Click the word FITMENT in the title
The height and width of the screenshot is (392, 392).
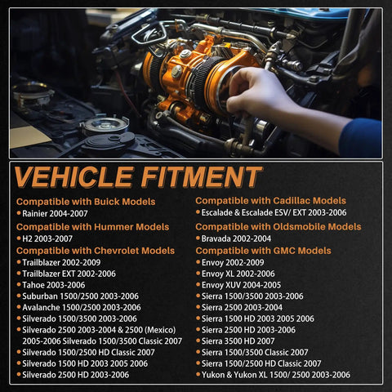pos(201,177)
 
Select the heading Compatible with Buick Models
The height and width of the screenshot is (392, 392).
pos(86,202)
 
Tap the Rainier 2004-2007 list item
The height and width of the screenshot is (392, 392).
pos(55,213)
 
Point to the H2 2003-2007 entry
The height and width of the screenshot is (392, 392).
pos(47,238)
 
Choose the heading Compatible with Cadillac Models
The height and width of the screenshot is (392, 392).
pos(270,201)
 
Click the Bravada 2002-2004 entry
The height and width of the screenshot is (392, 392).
pos(236,238)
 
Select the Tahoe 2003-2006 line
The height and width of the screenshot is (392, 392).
pos(54,285)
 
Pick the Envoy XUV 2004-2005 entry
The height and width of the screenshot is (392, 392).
pos(241,285)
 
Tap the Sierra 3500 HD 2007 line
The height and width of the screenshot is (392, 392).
pos(238,341)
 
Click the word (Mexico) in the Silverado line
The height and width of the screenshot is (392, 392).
pos(160,330)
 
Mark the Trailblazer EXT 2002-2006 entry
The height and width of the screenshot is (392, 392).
pos(69,274)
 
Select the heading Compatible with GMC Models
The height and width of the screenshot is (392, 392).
pos(263,251)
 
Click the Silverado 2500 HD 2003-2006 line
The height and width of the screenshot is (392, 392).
pos(76,375)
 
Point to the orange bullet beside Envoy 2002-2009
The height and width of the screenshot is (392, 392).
pos(198,262)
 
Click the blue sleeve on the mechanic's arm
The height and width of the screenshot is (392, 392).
pos(361,137)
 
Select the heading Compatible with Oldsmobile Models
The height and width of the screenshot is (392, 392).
pos(278,227)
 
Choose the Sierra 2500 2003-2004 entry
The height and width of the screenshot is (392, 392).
pos(242,307)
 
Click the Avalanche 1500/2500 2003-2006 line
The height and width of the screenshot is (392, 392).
pos(82,307)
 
